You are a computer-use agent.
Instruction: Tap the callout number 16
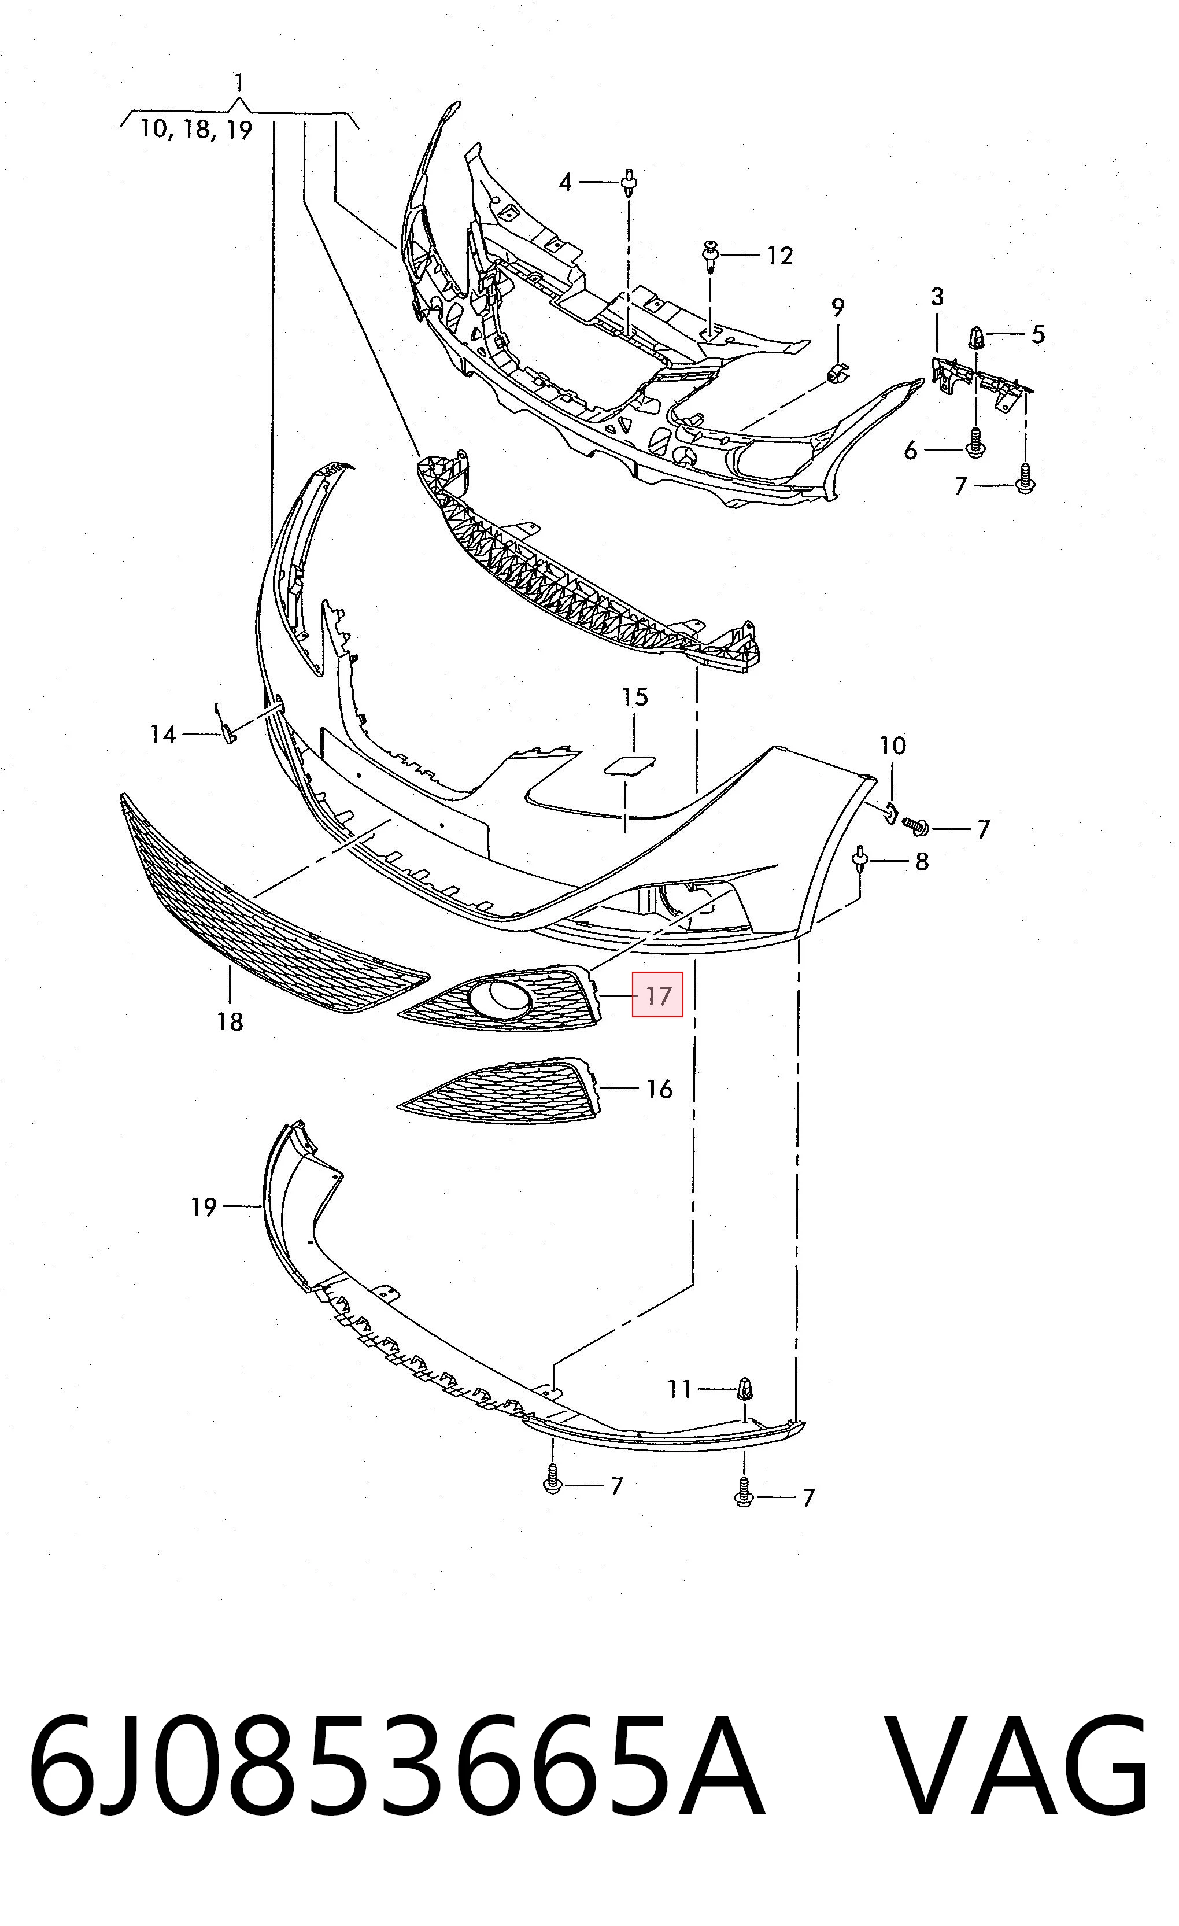click(x=659, y=1089)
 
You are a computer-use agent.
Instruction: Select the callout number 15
click(x=634, y=696)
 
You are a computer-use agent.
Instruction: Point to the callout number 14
click(x=162, y=734)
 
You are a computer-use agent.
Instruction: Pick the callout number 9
click(x=838, y=307)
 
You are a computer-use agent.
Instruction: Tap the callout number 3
click(x=937, y=297)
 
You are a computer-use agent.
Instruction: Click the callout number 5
click(x=1037, y=334)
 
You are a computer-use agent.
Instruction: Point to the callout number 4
click(x=566, y=182)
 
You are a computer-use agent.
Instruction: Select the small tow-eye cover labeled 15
click(x=629, y=765)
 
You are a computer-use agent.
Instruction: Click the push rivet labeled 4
click(x=629, y=184)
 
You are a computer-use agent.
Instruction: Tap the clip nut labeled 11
click(x=746, y=1389)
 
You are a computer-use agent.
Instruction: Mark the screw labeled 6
click(x=975, y=445)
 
